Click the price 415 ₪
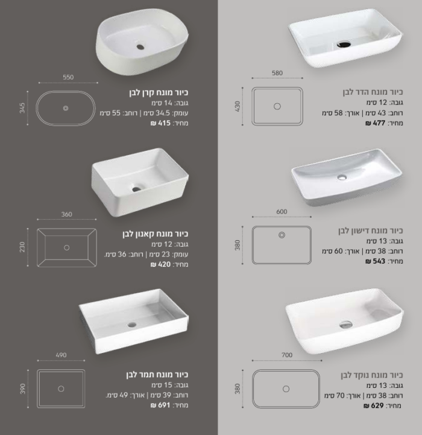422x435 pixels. coord(161,123)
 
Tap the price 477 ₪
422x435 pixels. coord(376,123)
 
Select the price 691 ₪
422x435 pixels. coord(160,405)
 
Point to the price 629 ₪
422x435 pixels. coord(374,405)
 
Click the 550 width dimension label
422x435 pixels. coord(68,77)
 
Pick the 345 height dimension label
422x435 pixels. coord(22,108)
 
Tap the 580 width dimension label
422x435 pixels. coord(277,73)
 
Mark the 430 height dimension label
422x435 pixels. coord(238,106)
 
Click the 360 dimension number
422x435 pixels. coord(66,214)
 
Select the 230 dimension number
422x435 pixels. coord(22,247)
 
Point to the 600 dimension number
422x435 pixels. coord(282,211)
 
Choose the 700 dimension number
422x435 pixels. coord(287,355)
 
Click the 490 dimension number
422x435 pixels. coord(61,355)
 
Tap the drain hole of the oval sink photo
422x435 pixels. coord(140,46)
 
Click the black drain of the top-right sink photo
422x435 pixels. coord(344,44)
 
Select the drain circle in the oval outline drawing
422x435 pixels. coord(66,108)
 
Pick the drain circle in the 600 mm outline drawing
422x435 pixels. coord(282,235)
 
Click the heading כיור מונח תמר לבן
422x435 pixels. coord(157,375)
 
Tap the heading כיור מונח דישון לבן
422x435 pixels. coord(370,230)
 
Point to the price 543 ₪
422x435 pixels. coord(376,261)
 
